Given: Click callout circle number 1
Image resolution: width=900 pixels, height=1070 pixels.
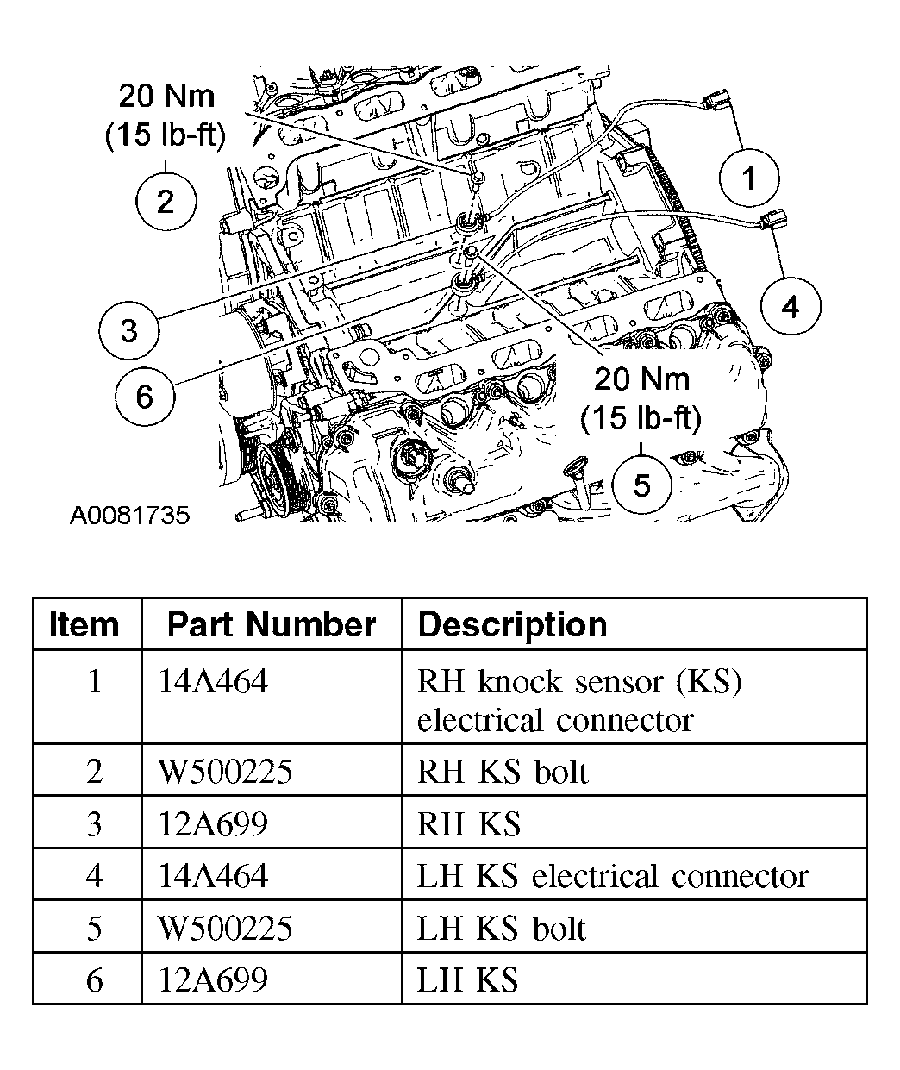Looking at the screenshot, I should (x=748, y=178).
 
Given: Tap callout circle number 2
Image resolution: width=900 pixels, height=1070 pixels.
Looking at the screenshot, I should (x=166, y=202).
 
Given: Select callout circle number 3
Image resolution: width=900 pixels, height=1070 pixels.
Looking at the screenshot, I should (x=128, y=329).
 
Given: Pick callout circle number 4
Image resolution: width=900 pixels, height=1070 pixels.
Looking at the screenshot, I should (x=790, y=306).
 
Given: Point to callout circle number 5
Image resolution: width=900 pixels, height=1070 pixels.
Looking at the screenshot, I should (x=642, y=485).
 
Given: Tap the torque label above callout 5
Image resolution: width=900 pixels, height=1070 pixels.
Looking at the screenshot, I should (x=641, y=397).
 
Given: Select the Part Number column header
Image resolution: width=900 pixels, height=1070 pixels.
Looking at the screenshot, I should (x=271, y=624).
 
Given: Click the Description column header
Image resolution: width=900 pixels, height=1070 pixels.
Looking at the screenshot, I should (x=512, y=624).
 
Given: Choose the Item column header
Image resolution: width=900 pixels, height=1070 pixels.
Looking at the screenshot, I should (x=84, y=624).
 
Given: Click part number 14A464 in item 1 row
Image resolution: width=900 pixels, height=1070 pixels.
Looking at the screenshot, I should (x=213, y=682).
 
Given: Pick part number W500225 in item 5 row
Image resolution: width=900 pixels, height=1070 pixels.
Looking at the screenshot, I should (x=225, y=929).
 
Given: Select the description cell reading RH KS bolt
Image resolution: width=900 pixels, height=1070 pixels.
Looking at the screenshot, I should (x=502, y=772).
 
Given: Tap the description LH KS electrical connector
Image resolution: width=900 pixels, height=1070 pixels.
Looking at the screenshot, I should (x=612, y=876).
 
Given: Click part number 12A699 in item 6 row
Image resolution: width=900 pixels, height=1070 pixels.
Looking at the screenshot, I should (x=213, y=980).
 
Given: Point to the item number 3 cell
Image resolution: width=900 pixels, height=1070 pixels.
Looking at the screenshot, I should (x=94, y=824).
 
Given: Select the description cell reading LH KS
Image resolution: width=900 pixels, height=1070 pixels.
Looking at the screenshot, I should (x=468, y=980).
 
